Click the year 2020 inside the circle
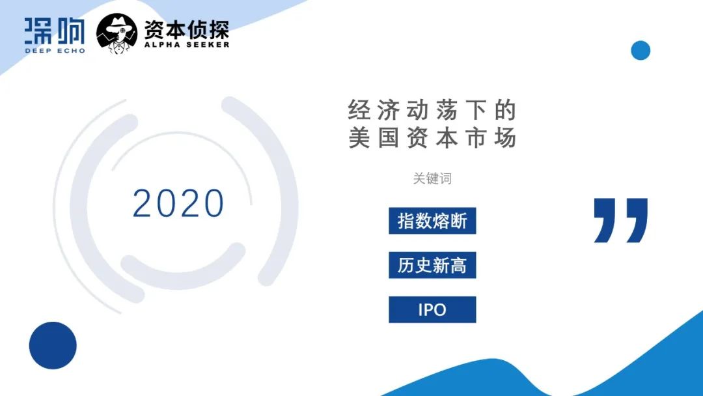[x=178, y=203]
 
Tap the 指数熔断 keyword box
[x=432, y=221]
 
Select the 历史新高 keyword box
[x=432, y=265]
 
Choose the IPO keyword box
[x=432, y=309]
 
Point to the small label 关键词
[x=432, y=178]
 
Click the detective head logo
[x=117, y=34]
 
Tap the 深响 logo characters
[x=55, y=31]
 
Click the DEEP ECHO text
[x=55, y=51]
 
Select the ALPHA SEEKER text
[x=187, y=44]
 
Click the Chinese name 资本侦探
[x=187, y=29]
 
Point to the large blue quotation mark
[x=620, y=220]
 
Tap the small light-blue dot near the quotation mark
[x=641, y=50]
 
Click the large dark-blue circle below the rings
[x=53, y=345]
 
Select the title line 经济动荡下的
[x=432, y=110]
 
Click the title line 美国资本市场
[x=432, y=137]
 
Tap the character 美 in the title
[x=359, y=137]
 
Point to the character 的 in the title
[x=505, y=110]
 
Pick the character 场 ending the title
[x=505, y=137]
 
